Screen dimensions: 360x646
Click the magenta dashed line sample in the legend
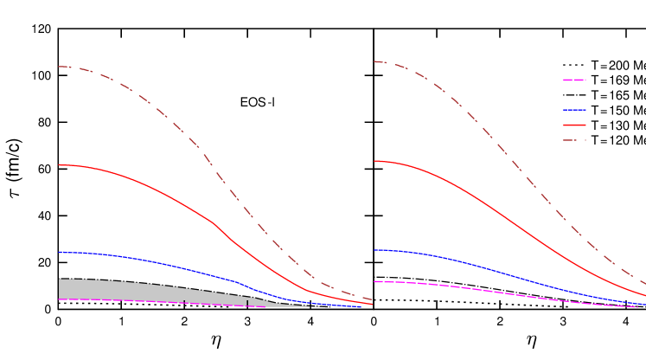574,80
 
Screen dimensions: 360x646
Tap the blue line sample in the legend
574,110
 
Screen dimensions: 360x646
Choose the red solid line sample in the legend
574,125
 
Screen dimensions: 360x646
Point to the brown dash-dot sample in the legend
574,140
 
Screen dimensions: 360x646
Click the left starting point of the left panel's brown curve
60,67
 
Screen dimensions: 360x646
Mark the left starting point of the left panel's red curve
60,164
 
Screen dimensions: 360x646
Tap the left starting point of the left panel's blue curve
60,253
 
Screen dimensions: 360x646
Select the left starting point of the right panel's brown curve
374,61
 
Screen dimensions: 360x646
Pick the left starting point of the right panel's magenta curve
374,282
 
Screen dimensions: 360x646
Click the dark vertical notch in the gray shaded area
247,303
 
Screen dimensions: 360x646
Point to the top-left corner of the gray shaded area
60,280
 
